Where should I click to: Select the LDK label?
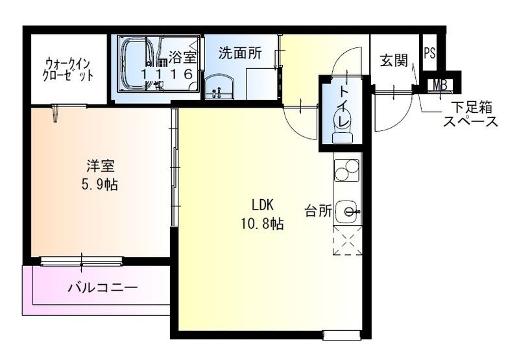tap(263, 206)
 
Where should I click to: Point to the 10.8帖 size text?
tap(263, 224)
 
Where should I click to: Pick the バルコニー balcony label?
tap(103, 287)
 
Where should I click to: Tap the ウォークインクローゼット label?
tap(69, 69)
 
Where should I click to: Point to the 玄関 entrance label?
tap(393, 61)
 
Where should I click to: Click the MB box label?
tap(441, 84)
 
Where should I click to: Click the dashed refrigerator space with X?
tap(346, 241)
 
